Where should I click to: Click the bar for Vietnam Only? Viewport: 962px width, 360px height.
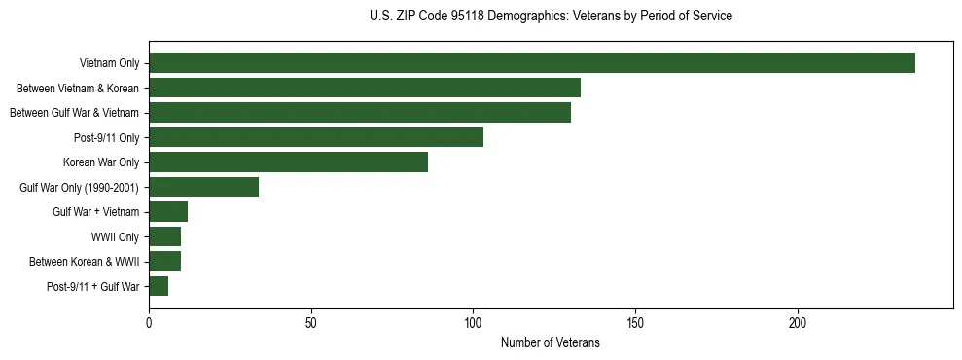pos(531,63)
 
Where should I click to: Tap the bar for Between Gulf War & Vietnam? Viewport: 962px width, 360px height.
pos(360,113)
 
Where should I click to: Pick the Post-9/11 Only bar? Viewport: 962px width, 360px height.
pos(316,137)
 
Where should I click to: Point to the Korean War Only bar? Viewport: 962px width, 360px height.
pos(288,162)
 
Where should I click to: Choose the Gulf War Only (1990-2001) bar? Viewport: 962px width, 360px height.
pos(204,187)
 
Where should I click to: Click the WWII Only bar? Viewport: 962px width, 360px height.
pos(165,236)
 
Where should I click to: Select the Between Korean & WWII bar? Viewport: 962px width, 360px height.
pos(165,261)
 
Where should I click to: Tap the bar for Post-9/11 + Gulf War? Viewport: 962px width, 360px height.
pos(159,286)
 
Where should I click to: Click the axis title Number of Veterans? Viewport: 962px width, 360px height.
pos(550,342)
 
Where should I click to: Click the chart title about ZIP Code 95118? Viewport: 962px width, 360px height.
pos(551,17)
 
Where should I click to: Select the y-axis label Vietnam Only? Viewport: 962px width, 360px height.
pos(109,63)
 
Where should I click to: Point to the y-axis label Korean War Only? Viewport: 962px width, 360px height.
pos(101,162)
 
